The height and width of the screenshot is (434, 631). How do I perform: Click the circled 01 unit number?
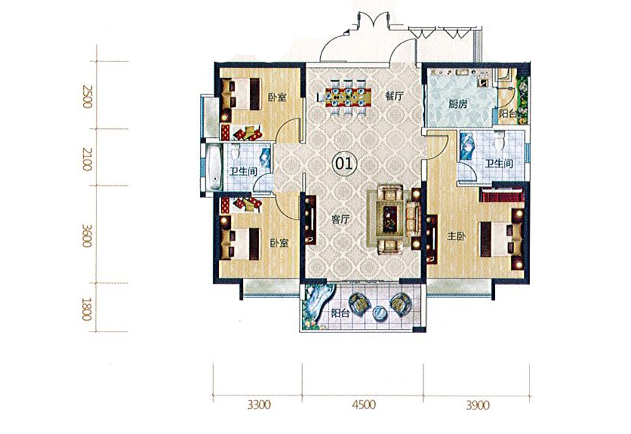344,163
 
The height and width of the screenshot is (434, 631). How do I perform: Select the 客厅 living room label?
340,219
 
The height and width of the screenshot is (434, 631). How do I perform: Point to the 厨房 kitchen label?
458,104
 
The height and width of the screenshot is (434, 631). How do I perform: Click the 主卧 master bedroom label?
456,236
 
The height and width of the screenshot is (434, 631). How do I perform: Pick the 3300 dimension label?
259,405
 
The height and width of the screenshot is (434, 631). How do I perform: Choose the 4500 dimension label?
364,405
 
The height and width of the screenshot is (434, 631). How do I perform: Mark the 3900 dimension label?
477,406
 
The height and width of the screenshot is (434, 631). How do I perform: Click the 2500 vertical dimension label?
87,96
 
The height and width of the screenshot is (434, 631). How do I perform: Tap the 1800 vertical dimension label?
86,309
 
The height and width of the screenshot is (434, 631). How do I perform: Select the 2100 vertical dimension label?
87,160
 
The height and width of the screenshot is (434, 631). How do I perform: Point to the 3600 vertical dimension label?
87,236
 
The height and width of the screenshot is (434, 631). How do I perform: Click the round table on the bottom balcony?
380,312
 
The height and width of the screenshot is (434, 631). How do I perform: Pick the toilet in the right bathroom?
498,142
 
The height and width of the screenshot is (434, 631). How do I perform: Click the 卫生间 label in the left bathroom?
243,171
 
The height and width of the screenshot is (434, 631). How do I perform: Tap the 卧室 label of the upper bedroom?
277,97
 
